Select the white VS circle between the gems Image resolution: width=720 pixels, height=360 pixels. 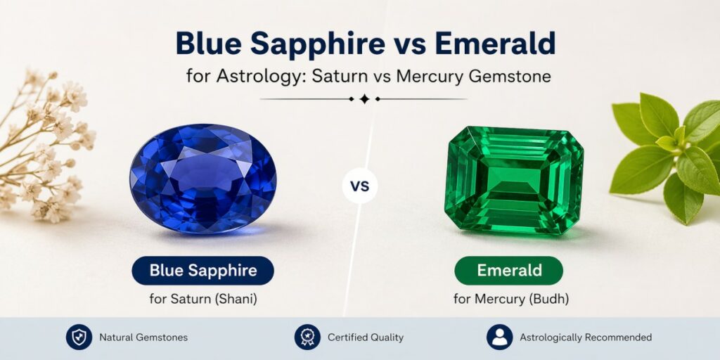[359, 187]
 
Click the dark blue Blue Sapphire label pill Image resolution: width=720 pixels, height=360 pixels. [202, 271]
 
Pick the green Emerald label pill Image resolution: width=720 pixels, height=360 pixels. [508, 271]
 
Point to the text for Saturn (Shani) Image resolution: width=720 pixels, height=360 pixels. [203, 299]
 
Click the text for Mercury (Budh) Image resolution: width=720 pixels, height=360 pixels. [510, 299]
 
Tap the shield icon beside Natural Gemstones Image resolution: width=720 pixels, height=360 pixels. [79, 337]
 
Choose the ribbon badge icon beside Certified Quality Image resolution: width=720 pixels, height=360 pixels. [307, 337]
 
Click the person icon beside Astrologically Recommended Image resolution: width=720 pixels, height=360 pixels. [499, 337]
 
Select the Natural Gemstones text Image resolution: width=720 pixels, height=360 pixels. [143, 337]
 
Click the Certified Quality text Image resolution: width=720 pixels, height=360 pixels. [366, 337]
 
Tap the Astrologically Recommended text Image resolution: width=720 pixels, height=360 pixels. [586, 337]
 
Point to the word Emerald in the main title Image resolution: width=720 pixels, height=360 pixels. [495, 44]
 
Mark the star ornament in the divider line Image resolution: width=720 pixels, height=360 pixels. [364, 99]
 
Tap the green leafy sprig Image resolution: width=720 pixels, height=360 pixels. [664, 151]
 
